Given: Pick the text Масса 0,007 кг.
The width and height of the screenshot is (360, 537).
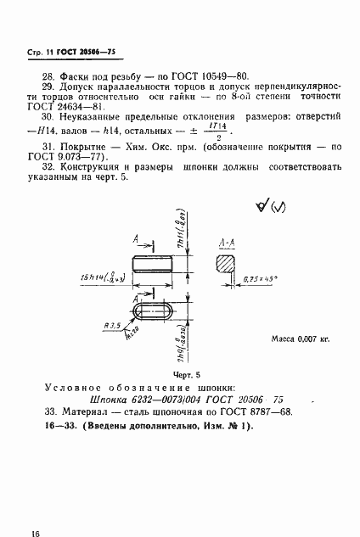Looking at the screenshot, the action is click(299, 338).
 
